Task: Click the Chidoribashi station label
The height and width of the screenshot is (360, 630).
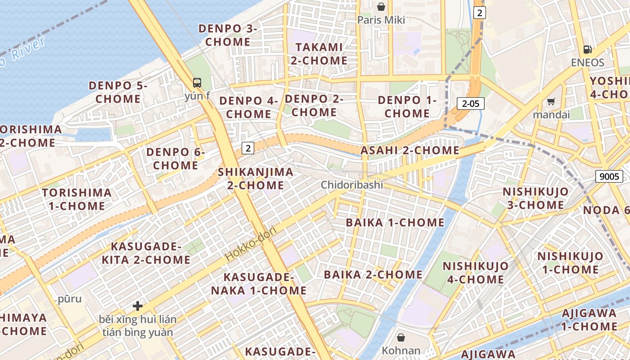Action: click(x=352, y=185)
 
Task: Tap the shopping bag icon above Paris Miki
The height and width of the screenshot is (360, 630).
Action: click(x=381, y=7)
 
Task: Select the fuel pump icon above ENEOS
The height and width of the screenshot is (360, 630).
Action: click(x=588, y=49)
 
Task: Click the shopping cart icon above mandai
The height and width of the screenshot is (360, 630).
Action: click(x=551, y=102)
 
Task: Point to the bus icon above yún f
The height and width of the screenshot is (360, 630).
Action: click(x=197, y=83)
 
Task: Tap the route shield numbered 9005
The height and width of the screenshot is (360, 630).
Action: click(x=609, y=176)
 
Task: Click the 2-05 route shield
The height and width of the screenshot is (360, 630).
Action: click(x=471, y=103)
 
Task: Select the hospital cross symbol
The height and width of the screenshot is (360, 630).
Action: click(x=138, y=306)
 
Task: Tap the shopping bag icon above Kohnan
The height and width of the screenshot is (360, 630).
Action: click(x=401, y=337)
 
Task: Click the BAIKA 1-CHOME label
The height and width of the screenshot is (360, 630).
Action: click(x=395, y=223)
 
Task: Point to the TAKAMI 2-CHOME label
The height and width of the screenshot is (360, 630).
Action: click(x=319, y=54)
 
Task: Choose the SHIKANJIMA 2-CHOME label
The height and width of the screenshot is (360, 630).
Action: click(x=256, y=178)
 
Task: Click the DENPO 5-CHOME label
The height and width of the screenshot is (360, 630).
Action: click(x=118, y=92)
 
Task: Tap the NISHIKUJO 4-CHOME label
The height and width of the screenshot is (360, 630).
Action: click(x=476, y=273)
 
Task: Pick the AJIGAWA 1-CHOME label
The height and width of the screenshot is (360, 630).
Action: click(x=589, y=319)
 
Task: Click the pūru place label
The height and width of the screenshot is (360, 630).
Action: click(x=70, y=299)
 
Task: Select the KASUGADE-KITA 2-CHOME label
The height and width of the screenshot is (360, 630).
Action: click(x=146, y=253)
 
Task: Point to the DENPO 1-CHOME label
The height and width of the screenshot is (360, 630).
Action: click(x=407, y=107)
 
